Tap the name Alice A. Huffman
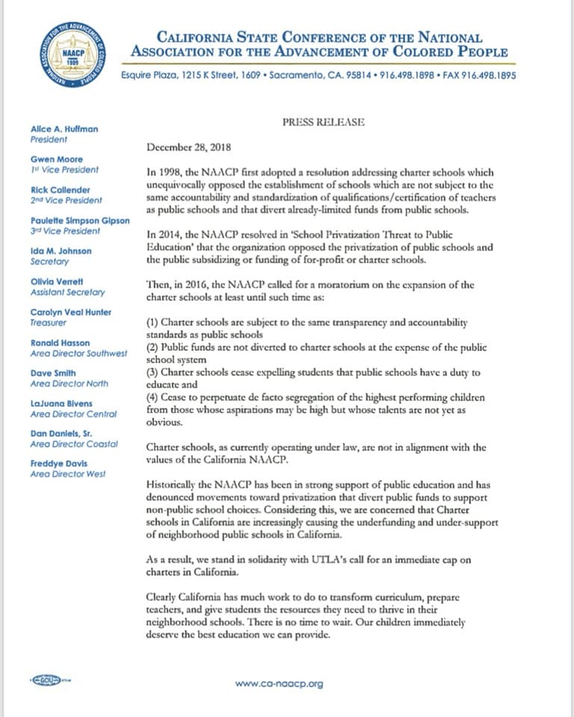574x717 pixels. tap(64, 129)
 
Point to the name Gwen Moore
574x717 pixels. tap(57, 160)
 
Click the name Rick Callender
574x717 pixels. tap(61, 190)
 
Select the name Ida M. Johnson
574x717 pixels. tap(61, 252)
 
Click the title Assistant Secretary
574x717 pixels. tap(67, 293)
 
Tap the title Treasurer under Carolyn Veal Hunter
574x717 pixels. tap(49, 323)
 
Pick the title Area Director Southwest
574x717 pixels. tap(78, 353)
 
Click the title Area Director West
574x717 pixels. tap(68, 474)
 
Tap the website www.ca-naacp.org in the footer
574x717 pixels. tap(279, 683)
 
